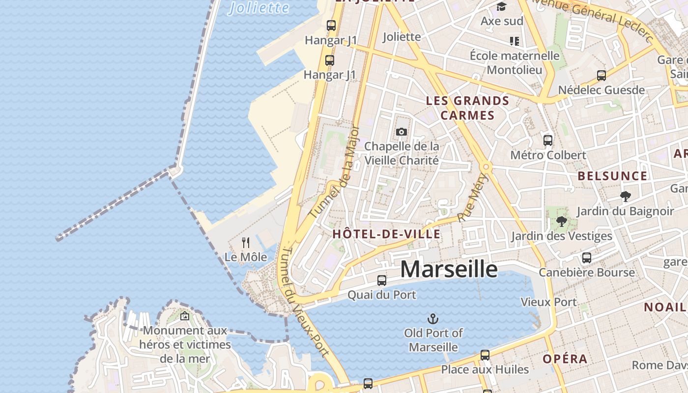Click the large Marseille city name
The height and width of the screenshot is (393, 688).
click(448, 269)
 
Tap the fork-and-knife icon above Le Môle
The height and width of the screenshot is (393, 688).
click(246, 242)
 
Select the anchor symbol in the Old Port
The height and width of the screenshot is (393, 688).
click(432, 319)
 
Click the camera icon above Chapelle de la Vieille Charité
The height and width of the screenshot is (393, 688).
click(401, 132)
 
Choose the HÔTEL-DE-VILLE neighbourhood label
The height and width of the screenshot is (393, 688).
click(386, 234)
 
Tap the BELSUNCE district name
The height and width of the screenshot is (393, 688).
click(612, 176)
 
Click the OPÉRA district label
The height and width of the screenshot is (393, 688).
click(565, 359)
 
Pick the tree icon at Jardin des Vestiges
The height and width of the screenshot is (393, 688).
click(561, 222)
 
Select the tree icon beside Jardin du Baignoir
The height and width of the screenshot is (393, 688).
click(625, 196)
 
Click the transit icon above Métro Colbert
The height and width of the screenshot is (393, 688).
click(548, 140)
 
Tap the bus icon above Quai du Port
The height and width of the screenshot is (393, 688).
click(381, 281)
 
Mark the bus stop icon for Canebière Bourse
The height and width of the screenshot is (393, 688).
click(586, 258)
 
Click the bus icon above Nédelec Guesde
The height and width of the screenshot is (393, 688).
click(601, 76)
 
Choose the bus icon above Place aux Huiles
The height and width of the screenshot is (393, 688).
click(485, 355)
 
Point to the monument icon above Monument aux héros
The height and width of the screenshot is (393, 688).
click(185, 316)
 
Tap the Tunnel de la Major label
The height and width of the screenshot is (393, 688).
click(334, 172)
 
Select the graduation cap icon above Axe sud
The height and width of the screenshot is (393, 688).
click(501, 6)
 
